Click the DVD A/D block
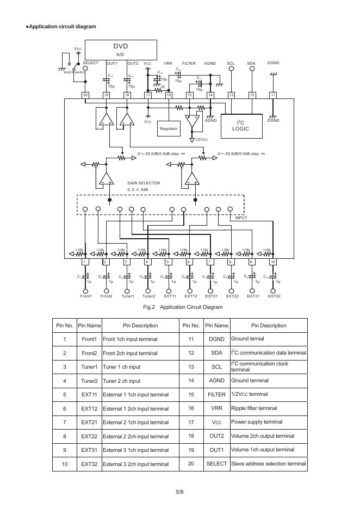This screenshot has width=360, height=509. pyautogui.click(x=121, y=49)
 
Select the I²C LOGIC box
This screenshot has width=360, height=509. pyautogui.click(x=240, y=126)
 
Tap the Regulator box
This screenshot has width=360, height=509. pyautogui.click(x=169, y=128)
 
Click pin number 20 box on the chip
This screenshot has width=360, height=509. pyautogui.click(x=85, y=95)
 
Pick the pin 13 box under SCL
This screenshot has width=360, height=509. pyautogui.click(x=231, y=95)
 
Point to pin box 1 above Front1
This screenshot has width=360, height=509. pyautogui.click(x=85, y=262)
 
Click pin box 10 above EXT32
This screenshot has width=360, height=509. pyautogui.click(x=273, y=262)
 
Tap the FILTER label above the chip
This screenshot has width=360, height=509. pyautogui.click(x=188, y=64)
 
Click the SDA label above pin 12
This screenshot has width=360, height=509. pyautogui.click(x=251, y=64)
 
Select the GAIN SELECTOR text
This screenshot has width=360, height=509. pyautogui.click(x=144, y=183)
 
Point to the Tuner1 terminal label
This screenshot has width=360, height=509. pyautogui.click(x=128, y=296)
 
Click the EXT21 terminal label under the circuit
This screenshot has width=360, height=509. pyautogui.click(x=211, y=296)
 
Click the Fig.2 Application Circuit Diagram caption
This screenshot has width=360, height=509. pyautogui.click(x=183, y=307)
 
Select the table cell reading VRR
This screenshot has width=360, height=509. pyautogui.click(x=216, y=408)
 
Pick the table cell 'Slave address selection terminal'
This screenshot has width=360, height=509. pyautogui.click(x=269, y=463)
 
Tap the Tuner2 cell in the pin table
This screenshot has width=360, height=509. pyautogui.click(x=89, y=381)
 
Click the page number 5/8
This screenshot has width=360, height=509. pyautogui.click(x=180, y=492)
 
